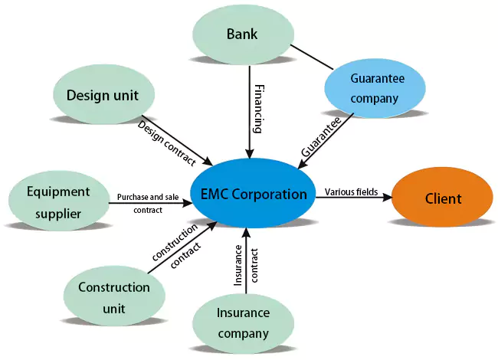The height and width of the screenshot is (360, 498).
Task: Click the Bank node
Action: (x=242, y=34)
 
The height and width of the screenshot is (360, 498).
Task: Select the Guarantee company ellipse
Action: (x=375, y=88)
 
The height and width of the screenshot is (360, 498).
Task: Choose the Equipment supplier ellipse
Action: (x=58, y=202)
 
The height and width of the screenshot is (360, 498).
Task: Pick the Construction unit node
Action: (x=114, y=298)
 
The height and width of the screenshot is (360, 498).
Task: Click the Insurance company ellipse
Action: (x=243, y=322)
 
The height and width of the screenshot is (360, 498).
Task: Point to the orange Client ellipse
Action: (x=443, y=198)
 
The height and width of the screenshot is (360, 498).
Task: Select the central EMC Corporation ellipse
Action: (x=254, y=194)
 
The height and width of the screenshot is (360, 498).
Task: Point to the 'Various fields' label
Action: (x=351, y=191)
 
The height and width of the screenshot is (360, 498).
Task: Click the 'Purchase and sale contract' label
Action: (x=148, y=203)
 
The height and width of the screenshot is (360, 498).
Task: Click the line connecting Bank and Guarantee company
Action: (x=310, y=55)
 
